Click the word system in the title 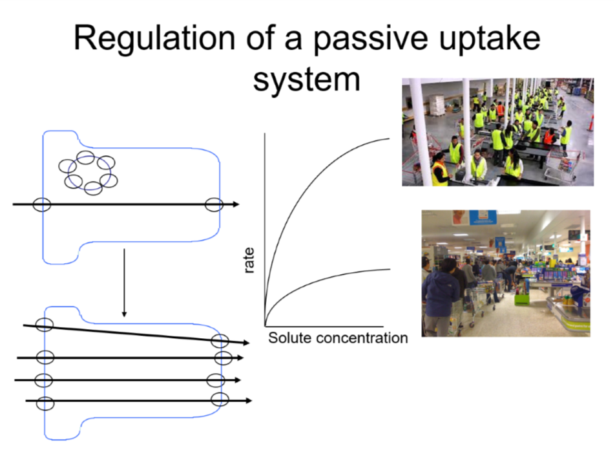[x=306, y=79]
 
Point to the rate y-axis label [x=249, y=260]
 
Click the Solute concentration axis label [x=338, y=338]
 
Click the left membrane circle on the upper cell [x=41, y=204]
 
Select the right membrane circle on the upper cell [x=214, y=204]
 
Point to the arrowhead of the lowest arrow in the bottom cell [x=247, y=401]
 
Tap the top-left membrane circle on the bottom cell [x=44, y=325]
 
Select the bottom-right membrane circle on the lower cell [x=220, y=398]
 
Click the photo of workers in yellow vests [x=497, y=132]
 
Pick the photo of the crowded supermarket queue [x=506, y=273]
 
